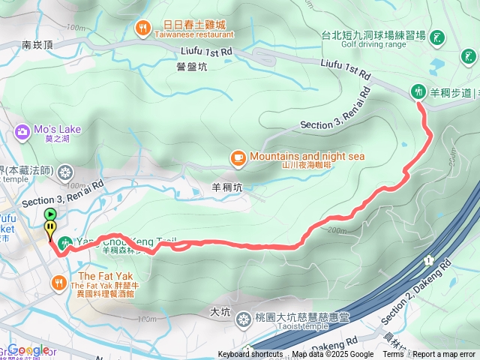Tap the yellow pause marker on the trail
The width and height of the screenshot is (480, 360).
pos(49,226)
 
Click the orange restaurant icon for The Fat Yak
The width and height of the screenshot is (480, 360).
pos(59,282)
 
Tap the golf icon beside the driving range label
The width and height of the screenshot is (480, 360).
pos(436,37)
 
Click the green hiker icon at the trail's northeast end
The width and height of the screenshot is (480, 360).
pos(418,91)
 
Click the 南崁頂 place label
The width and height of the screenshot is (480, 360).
pos(37,45)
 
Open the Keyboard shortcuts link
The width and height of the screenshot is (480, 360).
pos(250,355)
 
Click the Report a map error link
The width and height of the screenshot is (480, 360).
pos(444,355)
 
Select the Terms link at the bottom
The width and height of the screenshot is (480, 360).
pos(393,355)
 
